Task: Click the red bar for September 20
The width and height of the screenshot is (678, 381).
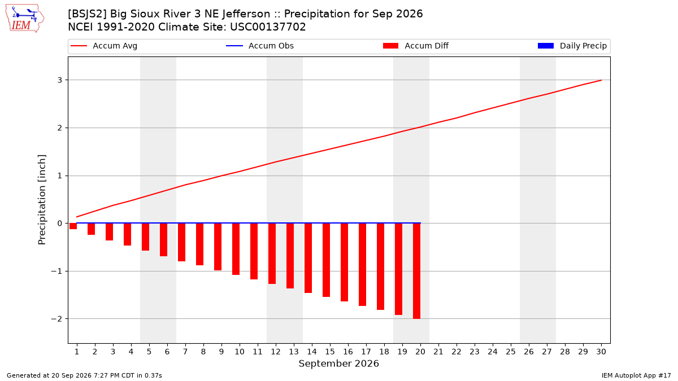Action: tap(417, 271)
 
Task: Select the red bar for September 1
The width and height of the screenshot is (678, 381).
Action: tap(73, 226)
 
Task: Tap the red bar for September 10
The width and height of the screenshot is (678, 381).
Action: tap(236, 249)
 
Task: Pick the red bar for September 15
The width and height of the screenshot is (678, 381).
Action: tap(327, 260)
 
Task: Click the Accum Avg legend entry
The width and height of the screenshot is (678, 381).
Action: tap(104, 46)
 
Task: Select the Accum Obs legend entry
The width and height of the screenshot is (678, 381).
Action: tap(260, 46)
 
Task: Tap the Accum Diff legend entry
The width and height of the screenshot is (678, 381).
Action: tap(416, 46)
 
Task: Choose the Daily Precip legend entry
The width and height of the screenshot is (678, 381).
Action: tap(572, 46)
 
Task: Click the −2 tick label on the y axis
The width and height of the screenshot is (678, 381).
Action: tap(56, 319)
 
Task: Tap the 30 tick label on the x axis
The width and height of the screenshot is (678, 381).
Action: tap(601, 352)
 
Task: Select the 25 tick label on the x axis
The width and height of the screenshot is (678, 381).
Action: tap(511, 352)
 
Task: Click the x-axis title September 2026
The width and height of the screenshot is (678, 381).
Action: tap(338, 364)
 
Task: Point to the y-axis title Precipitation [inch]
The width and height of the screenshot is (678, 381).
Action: tap(42, 200)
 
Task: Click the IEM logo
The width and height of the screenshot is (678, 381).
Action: tap(24, 19)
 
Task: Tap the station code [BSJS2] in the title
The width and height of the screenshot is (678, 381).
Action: tap(87, 14)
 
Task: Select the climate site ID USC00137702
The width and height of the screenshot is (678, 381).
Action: tap(268, 27)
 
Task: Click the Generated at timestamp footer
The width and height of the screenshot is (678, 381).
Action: tap(84, 375)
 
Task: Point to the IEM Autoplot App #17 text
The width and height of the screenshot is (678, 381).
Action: tap(636, 375)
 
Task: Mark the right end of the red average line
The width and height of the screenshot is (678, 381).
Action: tap(601, 80)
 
